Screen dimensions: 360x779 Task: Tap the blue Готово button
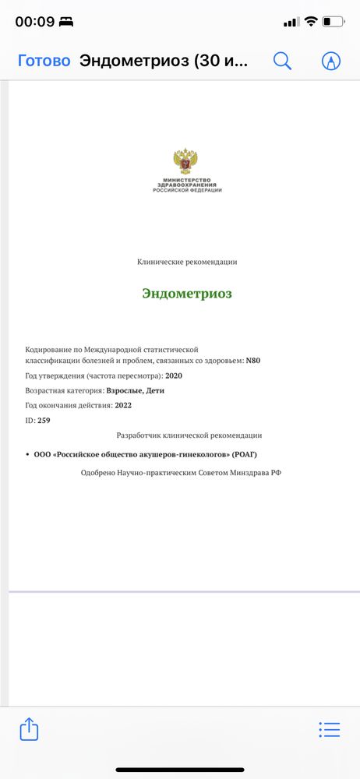(44, 61)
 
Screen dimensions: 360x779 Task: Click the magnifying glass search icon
(282, 61)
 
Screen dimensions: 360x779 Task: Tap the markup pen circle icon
(331, 61)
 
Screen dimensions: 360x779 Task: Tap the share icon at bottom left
(29, 728)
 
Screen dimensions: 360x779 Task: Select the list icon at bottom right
(330, 729)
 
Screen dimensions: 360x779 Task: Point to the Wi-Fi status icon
(311, 21)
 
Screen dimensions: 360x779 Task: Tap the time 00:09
(34, 22)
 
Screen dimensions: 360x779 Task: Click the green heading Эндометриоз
(187, 294)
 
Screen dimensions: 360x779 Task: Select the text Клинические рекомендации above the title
(187, 262)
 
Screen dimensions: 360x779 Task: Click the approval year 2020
(174, 375)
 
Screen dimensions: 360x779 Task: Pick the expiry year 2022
(123, 405)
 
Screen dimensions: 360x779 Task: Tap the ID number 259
(44, 420)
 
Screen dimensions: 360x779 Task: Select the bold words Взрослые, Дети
(136, 390)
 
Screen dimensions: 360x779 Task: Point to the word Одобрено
(98, 472)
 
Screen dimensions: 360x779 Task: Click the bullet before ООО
(27, 454)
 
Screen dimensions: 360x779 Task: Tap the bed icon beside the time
(66, 22)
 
